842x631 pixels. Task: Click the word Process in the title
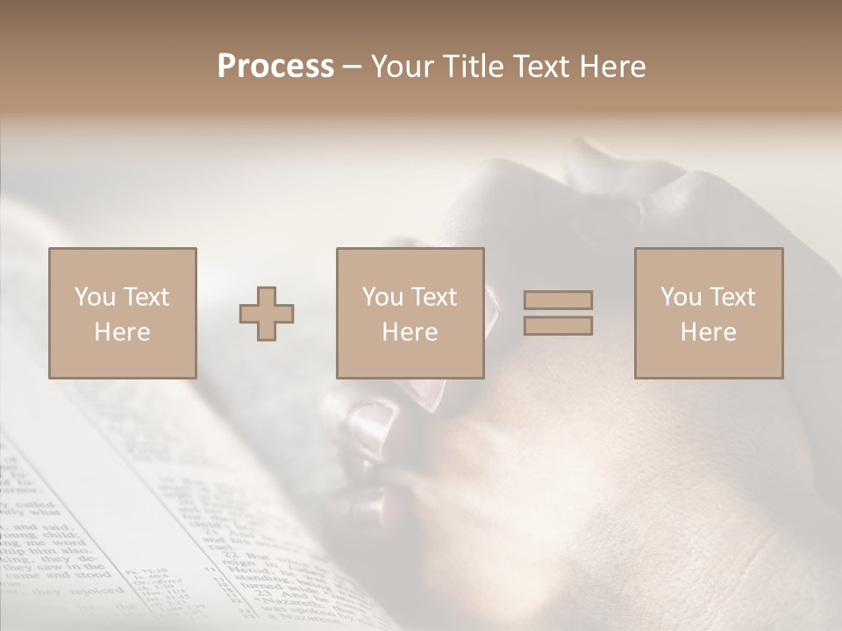click(275, 67)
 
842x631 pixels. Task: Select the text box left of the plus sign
click(123, 313)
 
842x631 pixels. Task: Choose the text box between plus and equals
click(410, 313)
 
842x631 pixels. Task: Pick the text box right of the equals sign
click(708, 313)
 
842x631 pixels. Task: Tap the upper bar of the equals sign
click(558, 300)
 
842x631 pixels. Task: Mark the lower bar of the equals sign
click(558, 326)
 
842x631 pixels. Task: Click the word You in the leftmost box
click(95, 296)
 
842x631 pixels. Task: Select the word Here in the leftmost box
click(123, 332)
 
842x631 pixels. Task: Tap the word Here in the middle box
click(410, 332)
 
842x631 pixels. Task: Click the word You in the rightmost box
click(681, 296)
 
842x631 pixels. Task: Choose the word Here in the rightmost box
click(708, 332)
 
